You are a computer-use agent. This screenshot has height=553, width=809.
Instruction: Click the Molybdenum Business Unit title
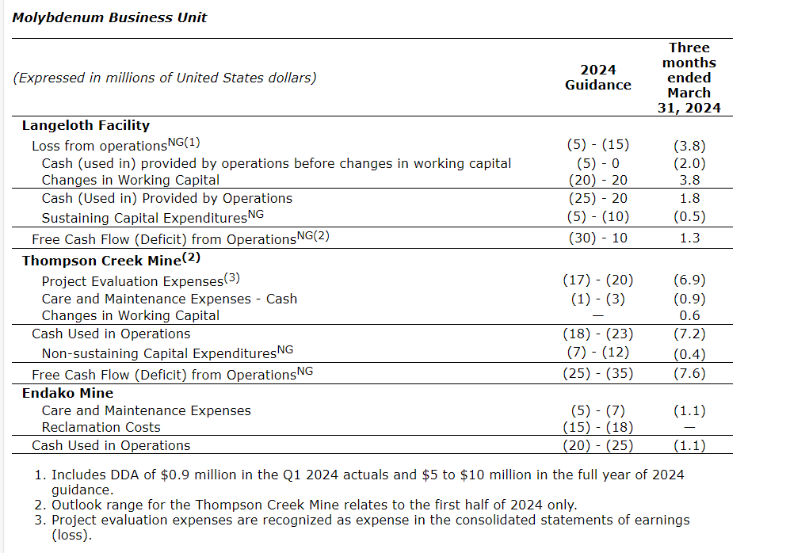pyautogui.click(x=109, y=17)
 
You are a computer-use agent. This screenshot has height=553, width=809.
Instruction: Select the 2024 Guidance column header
pyautogui.click(x=597, y=78)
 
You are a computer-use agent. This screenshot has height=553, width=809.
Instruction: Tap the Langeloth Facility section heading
pyautogui.click(x=86, y=125)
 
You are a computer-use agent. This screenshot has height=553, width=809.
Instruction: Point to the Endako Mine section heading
pyautogui.click(x=67, y=393)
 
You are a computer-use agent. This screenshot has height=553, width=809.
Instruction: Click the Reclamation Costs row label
pyautogui.click(x=101, y=427)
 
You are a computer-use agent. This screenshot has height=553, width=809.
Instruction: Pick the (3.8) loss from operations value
pyautogui.click(x=689, y=145)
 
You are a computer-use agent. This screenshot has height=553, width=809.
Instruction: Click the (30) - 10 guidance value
pyautogui.click(x=597, y=238)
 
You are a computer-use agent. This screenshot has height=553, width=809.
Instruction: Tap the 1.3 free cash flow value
pyautogui.click(x=689, y=238)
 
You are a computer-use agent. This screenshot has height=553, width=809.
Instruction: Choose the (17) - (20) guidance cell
pyautogui.click(x=597, y=280)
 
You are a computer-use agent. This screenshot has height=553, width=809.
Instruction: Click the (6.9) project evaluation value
pyautogui.click(x=689, y=280)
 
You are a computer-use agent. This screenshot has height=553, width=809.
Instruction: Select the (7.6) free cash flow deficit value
pyautogui.click(x=689, y=374)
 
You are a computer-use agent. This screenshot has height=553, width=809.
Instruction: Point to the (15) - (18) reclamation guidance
pyautogui.click(x=597, y=427)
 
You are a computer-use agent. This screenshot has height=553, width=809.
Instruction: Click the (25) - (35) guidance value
pyautogui.click(x=597, y=374)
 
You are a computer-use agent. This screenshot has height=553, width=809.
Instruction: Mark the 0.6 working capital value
pyautogui.click(x=689, y=315)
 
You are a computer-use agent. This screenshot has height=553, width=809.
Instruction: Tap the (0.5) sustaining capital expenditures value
pyautogui.click(x=689, y=216)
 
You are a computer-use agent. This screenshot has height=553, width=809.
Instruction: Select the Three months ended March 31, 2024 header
pyautogui.click(x=689, y=78)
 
